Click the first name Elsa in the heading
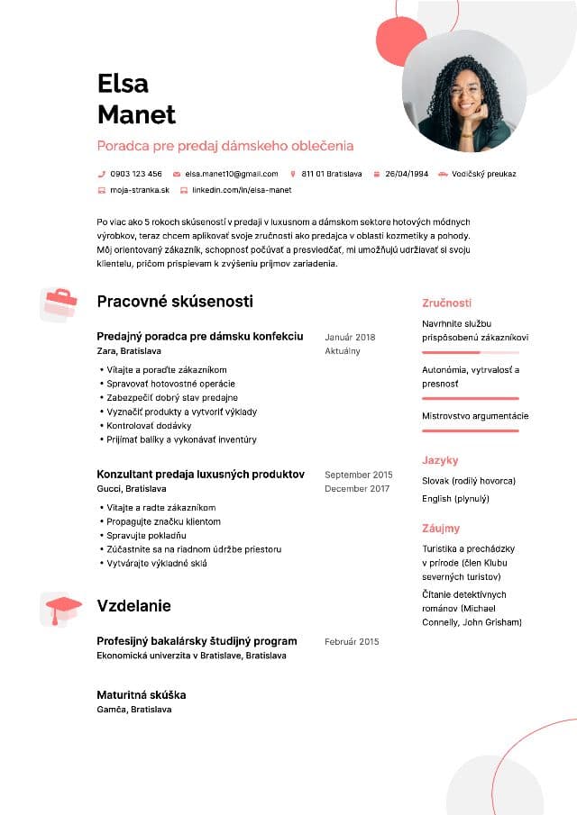123,84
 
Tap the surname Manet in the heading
136,114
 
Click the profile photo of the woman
463,97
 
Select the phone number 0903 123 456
136,174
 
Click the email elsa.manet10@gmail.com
232,174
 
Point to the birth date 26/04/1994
407,174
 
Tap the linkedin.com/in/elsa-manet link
242,190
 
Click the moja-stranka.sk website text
139,190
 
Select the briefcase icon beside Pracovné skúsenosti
60,303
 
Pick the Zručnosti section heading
446,303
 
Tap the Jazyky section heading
440,460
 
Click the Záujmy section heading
441,529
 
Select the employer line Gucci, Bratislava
132,489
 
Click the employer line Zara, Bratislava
129,351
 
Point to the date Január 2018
350,338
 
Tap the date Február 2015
352,642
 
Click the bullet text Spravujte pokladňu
146,536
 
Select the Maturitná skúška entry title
141,695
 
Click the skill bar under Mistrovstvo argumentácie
471,430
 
